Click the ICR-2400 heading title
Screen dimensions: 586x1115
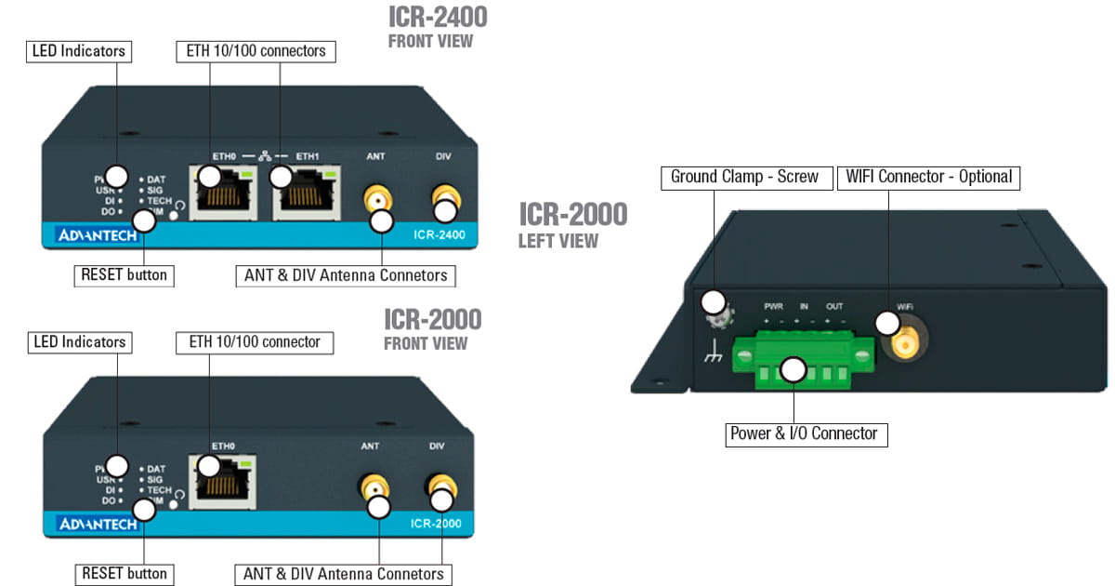click(x=437, y=18)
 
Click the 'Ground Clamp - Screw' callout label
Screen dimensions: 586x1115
click(x=744, y=177)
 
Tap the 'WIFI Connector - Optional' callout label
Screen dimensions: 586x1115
click(x=928, y=177)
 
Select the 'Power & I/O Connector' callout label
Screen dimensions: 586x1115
click(x=806, y=433)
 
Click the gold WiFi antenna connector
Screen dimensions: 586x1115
click(x=902, y=345)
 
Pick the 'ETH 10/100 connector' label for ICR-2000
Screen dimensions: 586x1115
click(x=254, y=342)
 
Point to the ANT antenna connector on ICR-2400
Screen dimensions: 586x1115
click(x=375, y=199)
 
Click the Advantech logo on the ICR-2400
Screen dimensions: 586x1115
click(x=98, y=234)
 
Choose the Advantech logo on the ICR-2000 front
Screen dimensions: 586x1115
click(x=98, y=524)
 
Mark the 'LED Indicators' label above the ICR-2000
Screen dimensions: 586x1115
click(x=79, y=342)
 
